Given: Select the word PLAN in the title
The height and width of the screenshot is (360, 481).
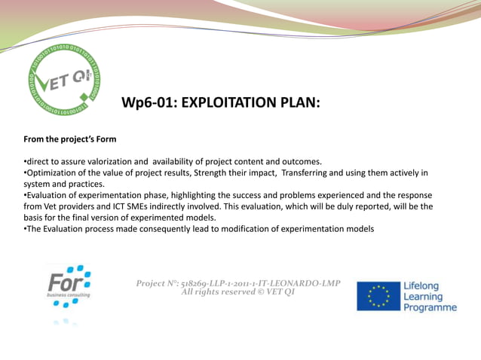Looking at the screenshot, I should pos(299,102).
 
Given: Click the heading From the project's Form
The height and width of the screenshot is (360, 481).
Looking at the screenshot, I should pos(70,139).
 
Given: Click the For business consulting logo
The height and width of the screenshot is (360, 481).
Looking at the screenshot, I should pos(69,286).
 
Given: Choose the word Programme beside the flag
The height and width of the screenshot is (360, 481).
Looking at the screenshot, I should pos(430,307).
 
